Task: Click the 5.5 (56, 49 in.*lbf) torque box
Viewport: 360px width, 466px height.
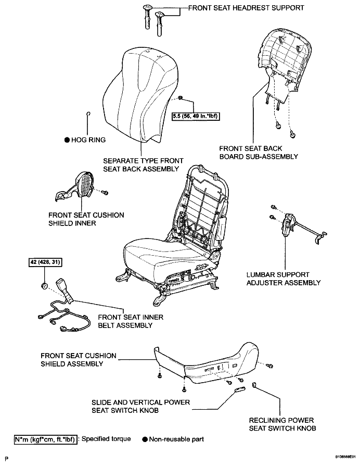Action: coord(196,116)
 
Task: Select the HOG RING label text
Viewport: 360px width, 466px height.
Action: coord(88,140)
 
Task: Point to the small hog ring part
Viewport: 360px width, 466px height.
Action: coord(88,114)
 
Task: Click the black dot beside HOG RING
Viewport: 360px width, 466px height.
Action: coord(67,140)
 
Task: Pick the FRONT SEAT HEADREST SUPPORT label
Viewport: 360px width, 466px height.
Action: coord(246,8)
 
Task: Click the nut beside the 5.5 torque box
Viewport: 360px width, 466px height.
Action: coord(180,98)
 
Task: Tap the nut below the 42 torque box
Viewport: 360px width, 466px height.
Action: coord(44,286)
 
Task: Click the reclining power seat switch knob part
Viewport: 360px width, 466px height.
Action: coord(254,385)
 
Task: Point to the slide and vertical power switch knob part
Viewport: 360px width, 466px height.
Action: coord(240,389)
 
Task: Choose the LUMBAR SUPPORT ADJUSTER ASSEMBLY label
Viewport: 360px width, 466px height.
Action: coord(284,279)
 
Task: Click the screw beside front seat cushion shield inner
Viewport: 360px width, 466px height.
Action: coord(105,193)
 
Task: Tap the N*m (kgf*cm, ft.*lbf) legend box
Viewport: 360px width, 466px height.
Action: coord(46,439)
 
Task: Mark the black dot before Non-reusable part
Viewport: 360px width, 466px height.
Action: coord(145,439)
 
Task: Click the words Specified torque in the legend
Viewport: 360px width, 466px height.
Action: coord(106,439)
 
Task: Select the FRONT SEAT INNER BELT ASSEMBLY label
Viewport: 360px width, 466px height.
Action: coord(131,321)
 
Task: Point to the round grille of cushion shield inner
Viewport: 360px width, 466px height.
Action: coord(85,184)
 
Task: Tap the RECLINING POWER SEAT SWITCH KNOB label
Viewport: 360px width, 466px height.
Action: coord(282,424)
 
